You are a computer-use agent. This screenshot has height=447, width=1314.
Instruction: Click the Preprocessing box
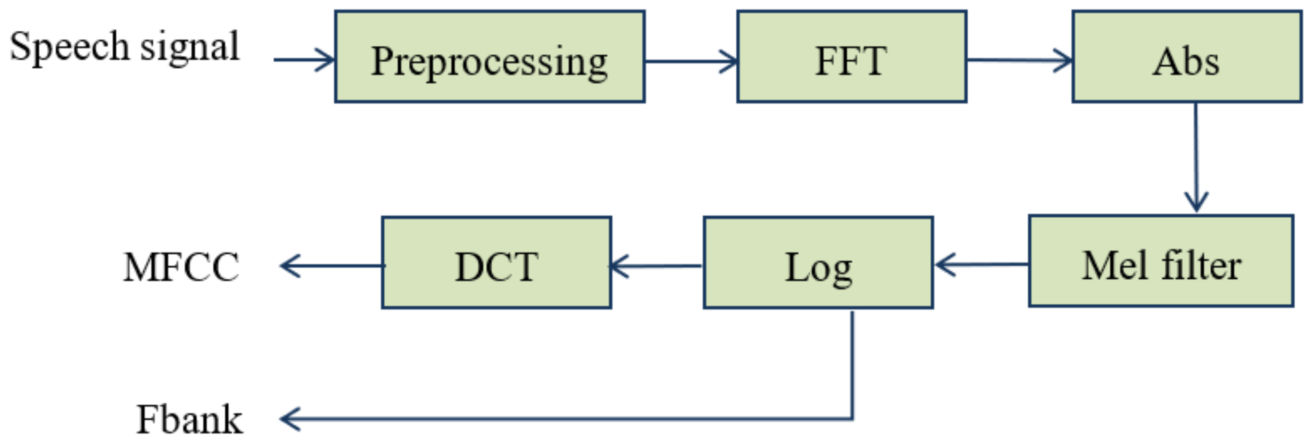point(490,57)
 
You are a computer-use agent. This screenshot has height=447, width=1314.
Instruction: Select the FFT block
point(851,57)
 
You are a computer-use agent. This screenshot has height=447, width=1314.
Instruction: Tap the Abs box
point(1187,57)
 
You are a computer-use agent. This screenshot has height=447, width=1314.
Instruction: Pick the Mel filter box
point(1161,261)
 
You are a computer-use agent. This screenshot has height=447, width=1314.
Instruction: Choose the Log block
point(818,263)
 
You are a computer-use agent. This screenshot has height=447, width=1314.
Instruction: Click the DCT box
point(496,263)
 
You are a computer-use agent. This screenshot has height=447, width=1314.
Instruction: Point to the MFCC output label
point(181,267)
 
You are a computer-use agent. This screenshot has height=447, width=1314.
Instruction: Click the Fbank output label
point(189,420)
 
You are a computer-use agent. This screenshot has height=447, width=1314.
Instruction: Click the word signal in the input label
point(190,47)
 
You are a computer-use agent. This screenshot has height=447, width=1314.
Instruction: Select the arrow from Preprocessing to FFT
point(691,61)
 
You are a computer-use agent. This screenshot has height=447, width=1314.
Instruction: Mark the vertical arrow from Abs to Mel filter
point(1196,156)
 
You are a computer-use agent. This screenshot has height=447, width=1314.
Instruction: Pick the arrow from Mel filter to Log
point(980,265)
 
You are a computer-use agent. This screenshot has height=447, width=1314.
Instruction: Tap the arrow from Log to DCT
point(656,266)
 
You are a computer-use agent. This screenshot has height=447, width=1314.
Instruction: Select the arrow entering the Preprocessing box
point(304,60)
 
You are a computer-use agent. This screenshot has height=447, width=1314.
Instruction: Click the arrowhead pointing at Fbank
point(290,419)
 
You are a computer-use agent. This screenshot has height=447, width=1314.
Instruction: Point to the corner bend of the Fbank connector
point(852,418)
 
